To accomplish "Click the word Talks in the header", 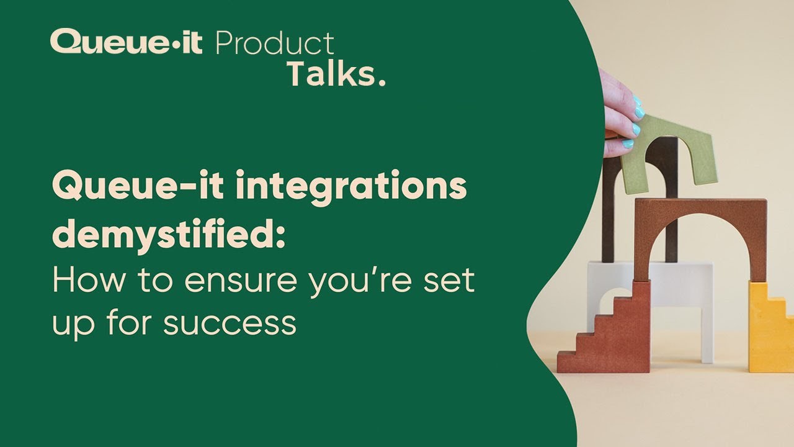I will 329,74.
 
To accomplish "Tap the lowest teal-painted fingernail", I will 628,144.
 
